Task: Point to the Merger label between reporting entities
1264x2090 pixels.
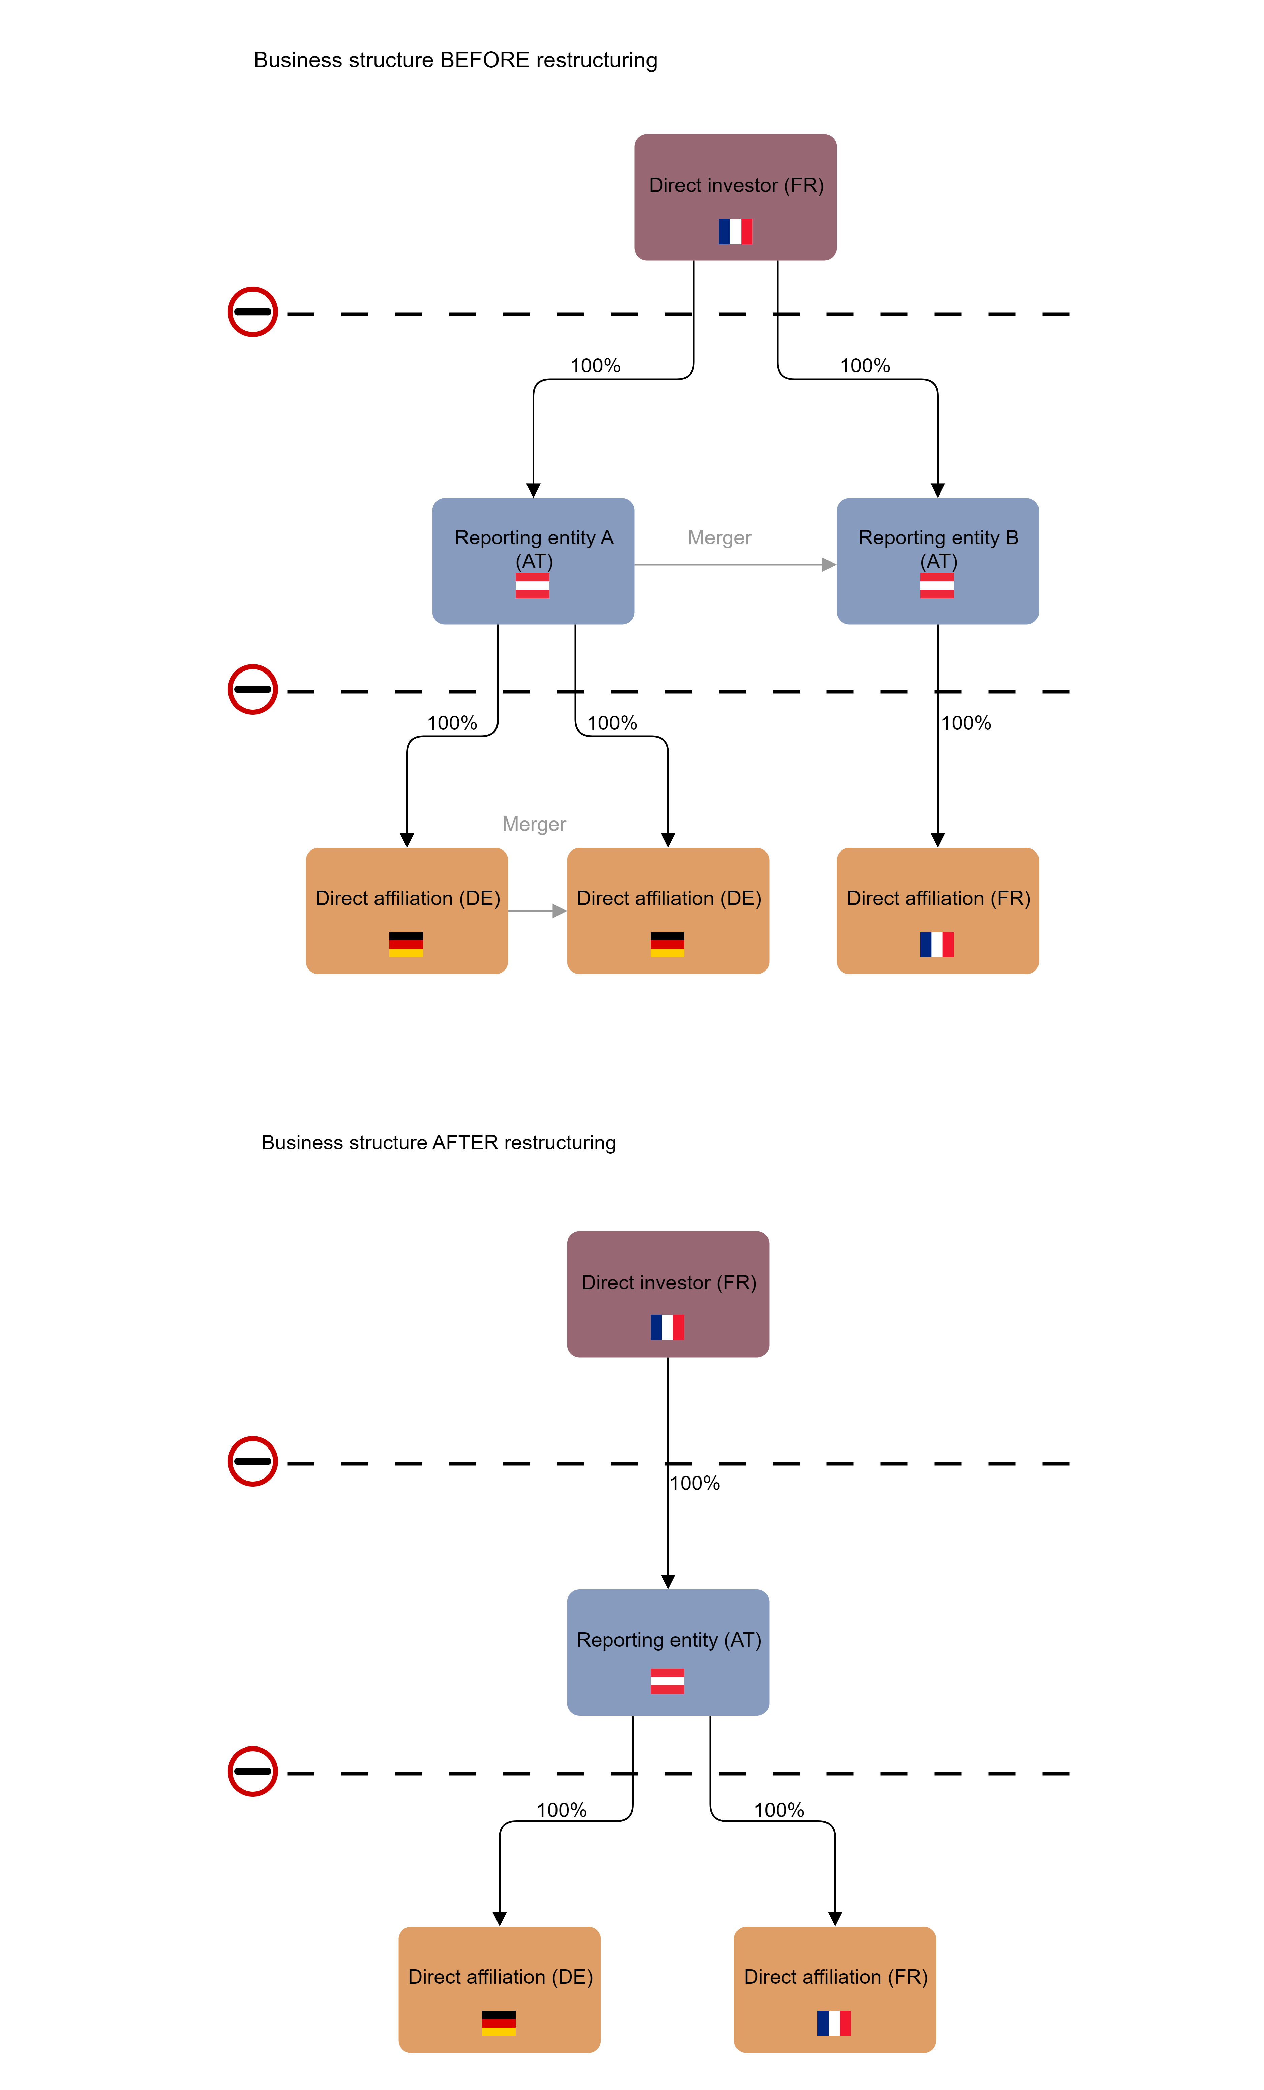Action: pos(719,538)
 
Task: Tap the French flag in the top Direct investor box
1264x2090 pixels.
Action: pos(735,232)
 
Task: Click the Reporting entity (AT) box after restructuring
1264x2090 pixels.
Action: pos(668,1652)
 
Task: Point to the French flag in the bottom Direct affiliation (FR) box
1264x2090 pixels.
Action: pos(834,2023)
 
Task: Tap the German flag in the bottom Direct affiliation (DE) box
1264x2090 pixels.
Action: pos(499,2023)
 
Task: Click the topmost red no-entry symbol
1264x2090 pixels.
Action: pos(253,312)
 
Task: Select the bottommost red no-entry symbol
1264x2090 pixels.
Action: pos(253,1771)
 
